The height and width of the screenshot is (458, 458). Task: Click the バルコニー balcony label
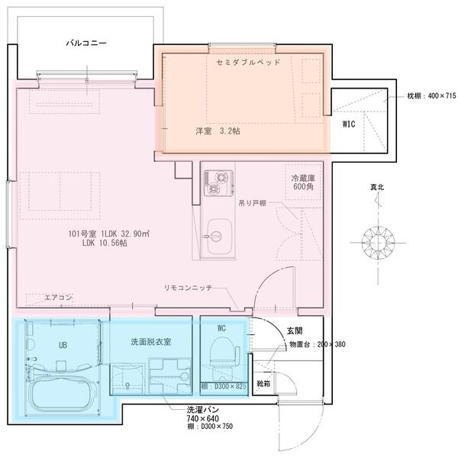[x=86, y=45]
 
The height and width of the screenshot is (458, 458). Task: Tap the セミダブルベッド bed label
[x=248, y=62]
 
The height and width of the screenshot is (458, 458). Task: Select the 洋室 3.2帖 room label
[x=218, y=131]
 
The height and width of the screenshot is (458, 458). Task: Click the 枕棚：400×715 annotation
[x=431, y=96]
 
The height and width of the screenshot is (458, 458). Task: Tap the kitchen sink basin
[x=220, y=232]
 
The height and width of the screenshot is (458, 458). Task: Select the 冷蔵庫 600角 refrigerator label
[x=303, y=182]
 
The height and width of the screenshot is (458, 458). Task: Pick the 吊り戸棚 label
[x=252, y=204]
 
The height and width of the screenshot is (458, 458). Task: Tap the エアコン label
[x=58, y=297]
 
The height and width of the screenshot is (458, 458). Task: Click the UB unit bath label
[x=63, y=345]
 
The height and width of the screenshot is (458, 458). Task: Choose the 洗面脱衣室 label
[x=150, y=341]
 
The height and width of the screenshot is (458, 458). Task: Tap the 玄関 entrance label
[x=295, y=331]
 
